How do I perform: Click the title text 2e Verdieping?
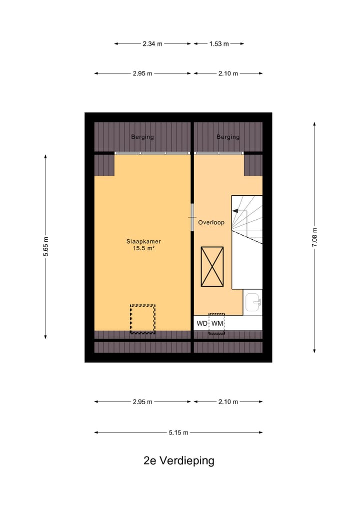click(178, 461)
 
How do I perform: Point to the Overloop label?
click(211, 223)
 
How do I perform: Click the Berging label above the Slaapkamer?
click(142, 137)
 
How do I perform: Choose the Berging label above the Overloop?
click(228, 137)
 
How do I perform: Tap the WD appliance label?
click(201, 323)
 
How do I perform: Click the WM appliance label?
click(216, 323)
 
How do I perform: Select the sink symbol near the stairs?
click(253, 302)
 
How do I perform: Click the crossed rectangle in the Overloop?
click(212, 267)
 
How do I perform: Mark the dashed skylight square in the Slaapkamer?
click(142, 319)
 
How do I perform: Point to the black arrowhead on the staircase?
click(235, 211)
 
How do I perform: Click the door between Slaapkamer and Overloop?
click(191, 217)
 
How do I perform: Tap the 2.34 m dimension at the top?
click(152, 43)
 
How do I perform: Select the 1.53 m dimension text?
click(218, 43)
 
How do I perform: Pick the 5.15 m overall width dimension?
click(178, 433)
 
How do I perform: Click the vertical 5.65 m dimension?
click(45, 247)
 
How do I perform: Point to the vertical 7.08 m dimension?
click(314, 237)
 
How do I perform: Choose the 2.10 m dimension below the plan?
click(228, 402)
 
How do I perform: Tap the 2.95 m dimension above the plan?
click(142, 73)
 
